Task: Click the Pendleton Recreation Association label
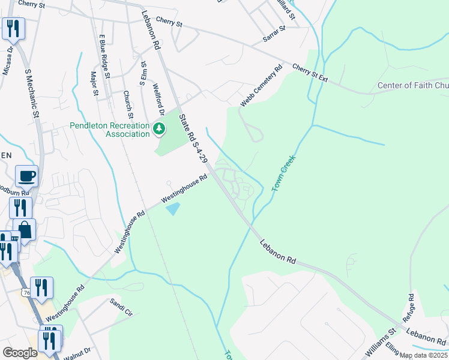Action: (110, 130)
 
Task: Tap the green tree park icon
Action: (159, 128)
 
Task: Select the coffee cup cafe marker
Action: (26, 176)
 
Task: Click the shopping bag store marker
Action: (25, 230)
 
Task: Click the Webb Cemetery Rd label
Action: (261, 86)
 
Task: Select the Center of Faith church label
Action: (413, 86)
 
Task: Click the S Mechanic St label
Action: (32, 92)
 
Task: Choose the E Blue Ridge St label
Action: (104, 56)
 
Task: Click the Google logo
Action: (20, 353)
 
